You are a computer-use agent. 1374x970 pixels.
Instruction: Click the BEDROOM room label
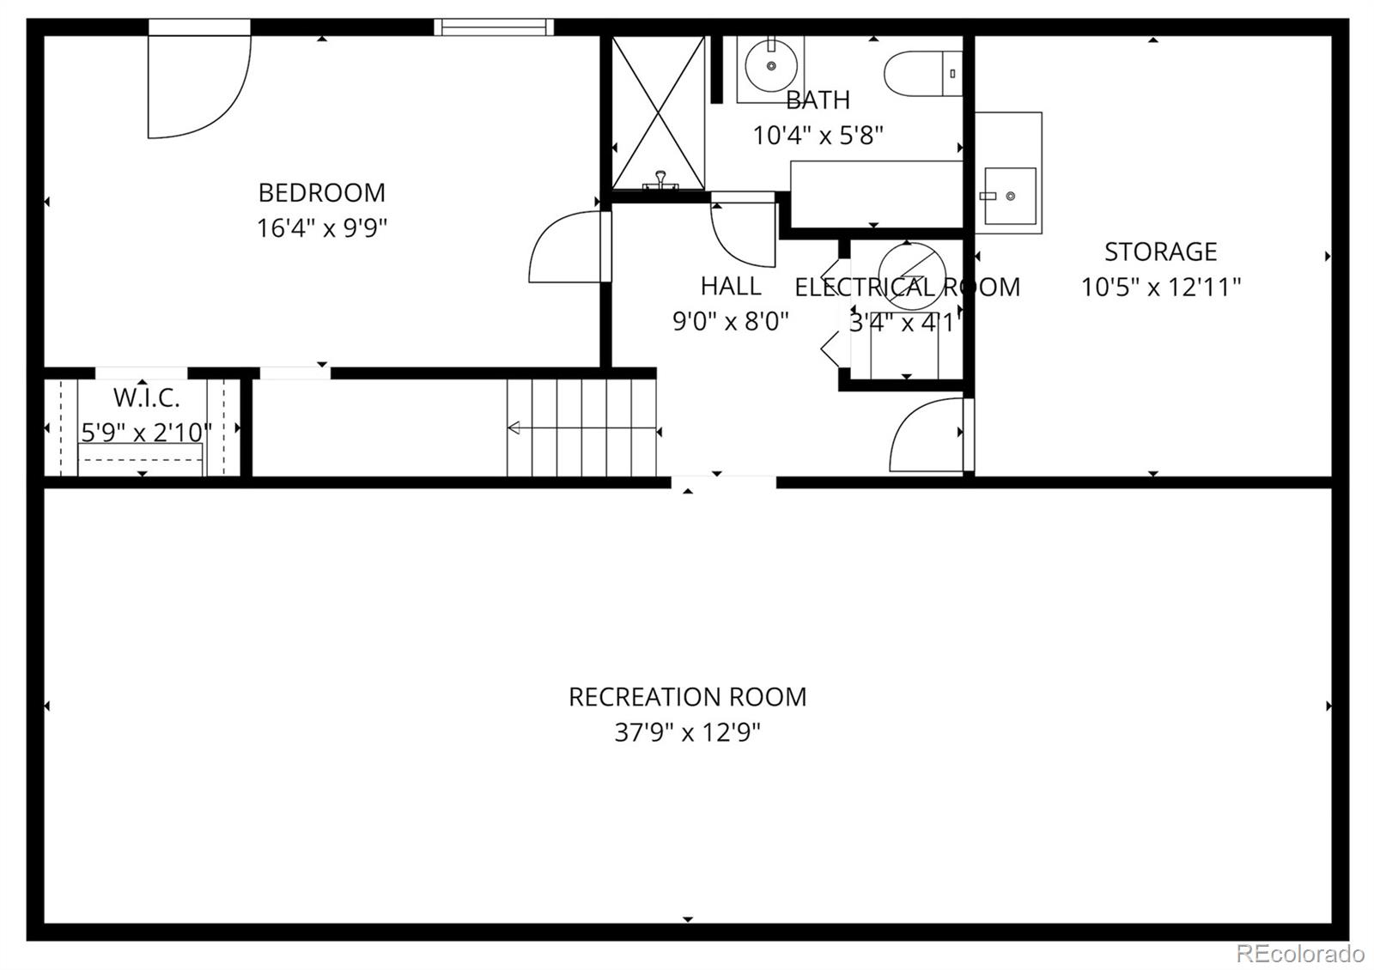click(321, 192)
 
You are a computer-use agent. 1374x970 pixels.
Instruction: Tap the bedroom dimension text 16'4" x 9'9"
click(321, 228)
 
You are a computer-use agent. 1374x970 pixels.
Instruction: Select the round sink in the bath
click(770, 64)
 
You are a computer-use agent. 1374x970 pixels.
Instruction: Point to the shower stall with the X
click(658, 112)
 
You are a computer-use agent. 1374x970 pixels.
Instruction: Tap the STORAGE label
click(1160, 252)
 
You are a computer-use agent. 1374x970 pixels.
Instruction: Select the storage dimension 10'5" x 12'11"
click(1160, 287)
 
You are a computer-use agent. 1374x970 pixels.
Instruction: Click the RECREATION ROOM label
click(687, 697)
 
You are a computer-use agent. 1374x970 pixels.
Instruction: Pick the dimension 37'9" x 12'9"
click(687, 732)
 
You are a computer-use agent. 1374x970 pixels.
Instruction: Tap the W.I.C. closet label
click(146, 398)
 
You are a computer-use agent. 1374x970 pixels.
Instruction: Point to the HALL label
click(731, 286)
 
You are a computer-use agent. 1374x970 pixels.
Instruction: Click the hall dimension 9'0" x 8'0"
click(731, 321)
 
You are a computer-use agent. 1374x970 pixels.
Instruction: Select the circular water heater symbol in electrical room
click(912, 275)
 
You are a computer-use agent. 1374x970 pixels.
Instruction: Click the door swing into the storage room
click(927, 433)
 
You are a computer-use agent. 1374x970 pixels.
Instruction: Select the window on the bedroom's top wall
click(494, 27)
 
